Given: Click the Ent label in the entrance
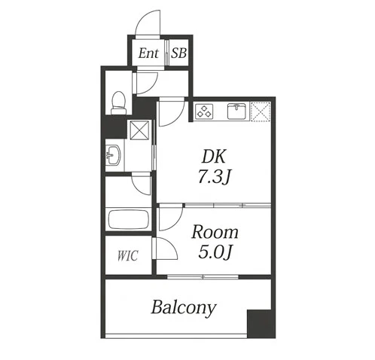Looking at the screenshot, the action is point(148,53).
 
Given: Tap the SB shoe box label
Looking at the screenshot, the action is point(178,53).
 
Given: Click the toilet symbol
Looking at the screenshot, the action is point(118,103).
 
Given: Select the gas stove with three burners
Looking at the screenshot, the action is point(204,111).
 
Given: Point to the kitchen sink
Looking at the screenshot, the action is point(236,111).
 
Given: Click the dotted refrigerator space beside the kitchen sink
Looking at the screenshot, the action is point(261,111).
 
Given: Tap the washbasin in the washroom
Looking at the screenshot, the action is point(113,155).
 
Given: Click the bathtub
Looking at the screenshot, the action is point(129,220).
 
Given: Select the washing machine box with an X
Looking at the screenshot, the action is point(139,130).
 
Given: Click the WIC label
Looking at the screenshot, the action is point(128,256).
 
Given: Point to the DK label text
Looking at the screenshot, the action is point(214,157).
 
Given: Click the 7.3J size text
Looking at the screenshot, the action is point(214,176).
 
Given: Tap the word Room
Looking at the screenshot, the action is point(215,232).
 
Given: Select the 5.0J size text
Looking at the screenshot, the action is point(215,252).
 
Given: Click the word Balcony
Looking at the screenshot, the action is point(184,308).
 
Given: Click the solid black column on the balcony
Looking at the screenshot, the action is point(259,324).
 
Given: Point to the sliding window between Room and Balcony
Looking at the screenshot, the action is point(203,277).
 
